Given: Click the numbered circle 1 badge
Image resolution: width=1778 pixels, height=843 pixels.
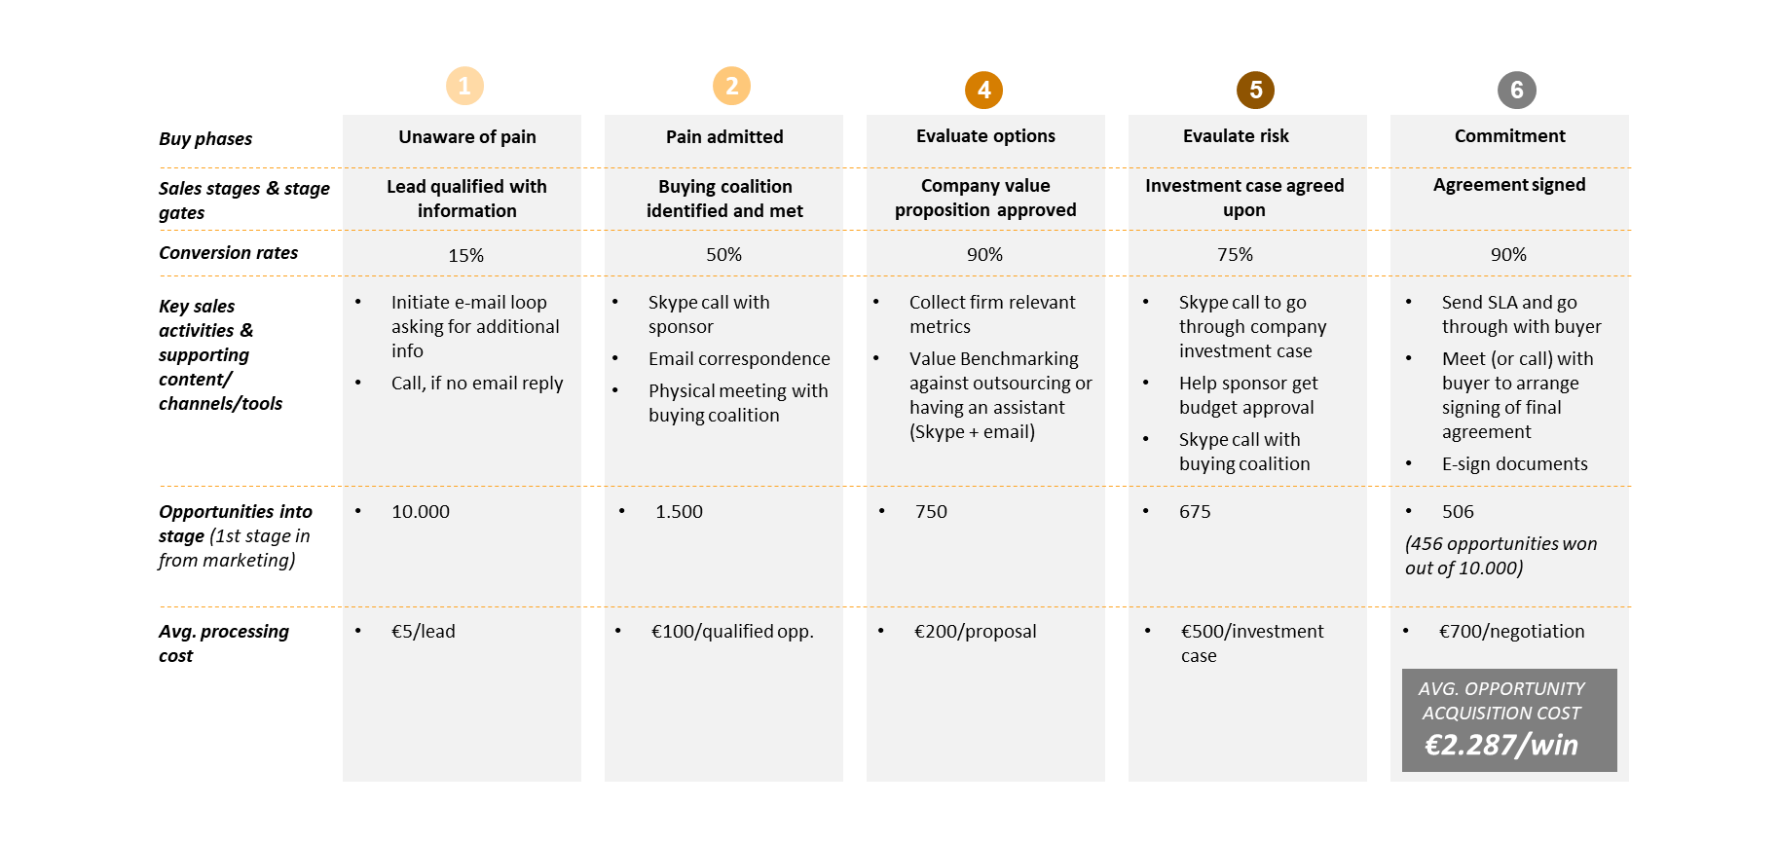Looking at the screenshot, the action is pos(464,86).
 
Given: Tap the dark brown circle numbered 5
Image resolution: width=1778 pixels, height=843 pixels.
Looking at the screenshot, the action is pos(1255,91).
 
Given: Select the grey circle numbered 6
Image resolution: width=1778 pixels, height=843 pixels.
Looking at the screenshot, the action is pos(1516,91).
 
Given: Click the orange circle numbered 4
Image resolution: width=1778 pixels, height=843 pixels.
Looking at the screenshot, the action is pos(983,91).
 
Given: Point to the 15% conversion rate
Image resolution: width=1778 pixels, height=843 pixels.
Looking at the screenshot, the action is pos(465,255).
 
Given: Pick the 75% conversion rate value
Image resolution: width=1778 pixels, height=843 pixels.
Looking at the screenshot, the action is pos(1235,254).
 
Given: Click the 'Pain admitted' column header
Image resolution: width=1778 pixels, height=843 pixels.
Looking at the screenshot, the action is pos(724,137).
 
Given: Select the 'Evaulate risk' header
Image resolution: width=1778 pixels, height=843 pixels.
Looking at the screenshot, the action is pos(1236,136).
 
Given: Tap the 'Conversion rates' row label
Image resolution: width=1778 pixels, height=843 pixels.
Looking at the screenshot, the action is pos(229,253).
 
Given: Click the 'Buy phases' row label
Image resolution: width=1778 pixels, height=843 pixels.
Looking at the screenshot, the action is pos(205,139).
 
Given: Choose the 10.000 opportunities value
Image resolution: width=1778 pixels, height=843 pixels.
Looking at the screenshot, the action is pos(421,511).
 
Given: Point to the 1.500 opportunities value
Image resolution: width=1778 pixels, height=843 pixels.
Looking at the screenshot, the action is pos(679,511).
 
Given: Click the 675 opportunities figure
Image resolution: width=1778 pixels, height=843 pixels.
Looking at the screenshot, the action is pos(1195,511).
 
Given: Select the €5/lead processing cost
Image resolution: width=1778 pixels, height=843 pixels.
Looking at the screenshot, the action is pos(424,631).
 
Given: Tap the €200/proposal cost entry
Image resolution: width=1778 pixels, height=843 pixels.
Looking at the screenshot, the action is pos(975,632).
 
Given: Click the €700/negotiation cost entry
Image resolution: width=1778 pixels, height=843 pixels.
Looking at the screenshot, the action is pos(1512,632).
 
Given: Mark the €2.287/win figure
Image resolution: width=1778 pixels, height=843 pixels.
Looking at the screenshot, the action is pos(1501,745).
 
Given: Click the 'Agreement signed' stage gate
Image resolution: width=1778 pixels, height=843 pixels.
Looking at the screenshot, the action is pos(1509,185).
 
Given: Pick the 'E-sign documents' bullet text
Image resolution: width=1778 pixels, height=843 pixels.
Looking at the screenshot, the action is pos(1515,464).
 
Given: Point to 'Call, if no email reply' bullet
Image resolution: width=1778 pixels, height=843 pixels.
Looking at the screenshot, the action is pos(477,384).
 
